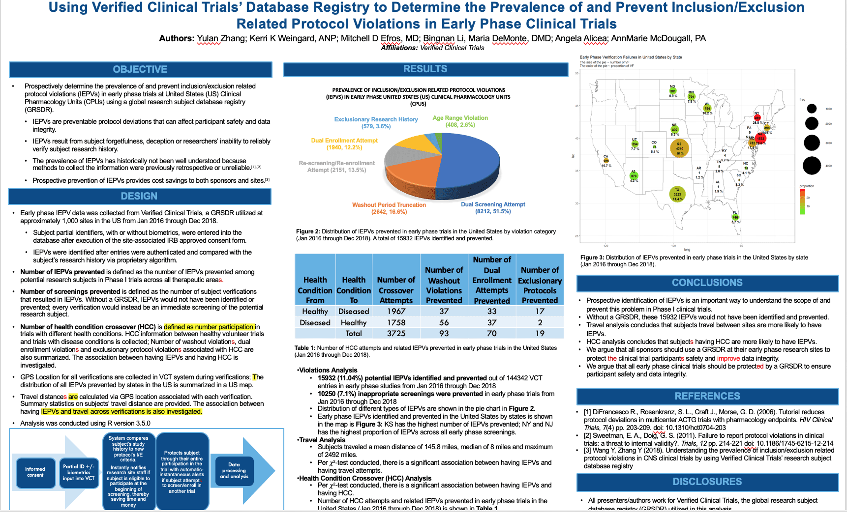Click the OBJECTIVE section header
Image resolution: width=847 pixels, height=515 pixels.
pos(140,69)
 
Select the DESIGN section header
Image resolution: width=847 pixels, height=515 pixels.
pos(139,196)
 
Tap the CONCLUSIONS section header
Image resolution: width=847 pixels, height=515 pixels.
pos(707,283)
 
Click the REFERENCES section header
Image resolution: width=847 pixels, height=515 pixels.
pos(707,396)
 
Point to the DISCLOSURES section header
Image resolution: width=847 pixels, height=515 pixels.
pos(707,482)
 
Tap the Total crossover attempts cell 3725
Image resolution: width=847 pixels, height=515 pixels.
pos(396,333)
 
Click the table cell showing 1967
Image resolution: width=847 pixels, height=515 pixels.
pos(396,311)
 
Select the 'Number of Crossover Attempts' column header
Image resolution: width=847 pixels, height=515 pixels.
pos(396,290)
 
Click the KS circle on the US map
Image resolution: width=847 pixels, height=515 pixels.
pos(679,148)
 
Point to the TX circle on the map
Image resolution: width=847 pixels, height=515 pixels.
pos(677,194)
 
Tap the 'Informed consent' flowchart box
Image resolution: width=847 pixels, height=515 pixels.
pos(35,472)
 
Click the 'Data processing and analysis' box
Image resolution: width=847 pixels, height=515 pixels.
pos(234,471)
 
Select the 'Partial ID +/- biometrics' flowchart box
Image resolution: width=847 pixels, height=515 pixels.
pos(79,472)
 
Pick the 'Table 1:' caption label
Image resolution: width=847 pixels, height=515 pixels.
pos(305,348)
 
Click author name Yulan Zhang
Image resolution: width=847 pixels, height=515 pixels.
pos(221,38)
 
